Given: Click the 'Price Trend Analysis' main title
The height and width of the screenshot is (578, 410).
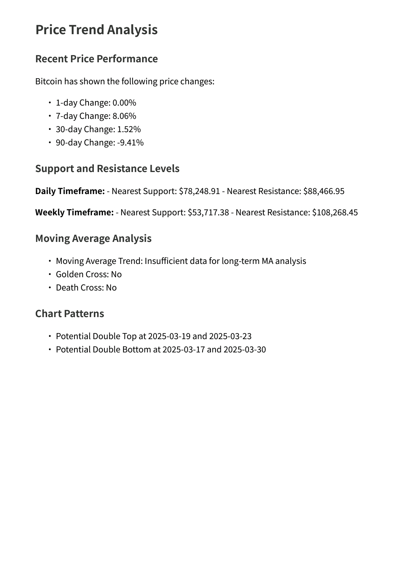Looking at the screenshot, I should (x=97, y=30).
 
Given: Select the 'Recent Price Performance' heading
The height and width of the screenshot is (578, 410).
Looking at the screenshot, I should (x=97, y=59).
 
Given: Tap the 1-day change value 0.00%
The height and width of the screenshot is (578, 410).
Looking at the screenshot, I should (x=124, y=103).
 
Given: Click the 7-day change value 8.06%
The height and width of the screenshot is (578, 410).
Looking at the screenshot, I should (x=124, y=116).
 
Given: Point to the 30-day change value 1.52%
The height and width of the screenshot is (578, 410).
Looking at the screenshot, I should (x=129, y=129).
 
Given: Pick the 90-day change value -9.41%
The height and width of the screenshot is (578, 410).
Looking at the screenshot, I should (x=130, y=143).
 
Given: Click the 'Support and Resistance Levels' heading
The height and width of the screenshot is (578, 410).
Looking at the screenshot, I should (x=107, y=169).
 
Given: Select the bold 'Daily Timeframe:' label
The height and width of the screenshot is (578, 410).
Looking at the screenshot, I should (x=70, y=191).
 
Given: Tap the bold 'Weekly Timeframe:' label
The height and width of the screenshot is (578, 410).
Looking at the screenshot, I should (x=74, y=212).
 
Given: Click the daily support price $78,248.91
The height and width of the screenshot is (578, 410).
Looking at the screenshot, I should (x=199, y=191).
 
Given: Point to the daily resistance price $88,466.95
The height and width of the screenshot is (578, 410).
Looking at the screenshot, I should (x=324, y=191).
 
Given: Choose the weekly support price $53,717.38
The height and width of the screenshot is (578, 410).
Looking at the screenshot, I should (x=208, y=212).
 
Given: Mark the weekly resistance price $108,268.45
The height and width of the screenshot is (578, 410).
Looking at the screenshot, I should (x=335, y=212).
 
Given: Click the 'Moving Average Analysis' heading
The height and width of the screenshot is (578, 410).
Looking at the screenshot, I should (x=93, y=238).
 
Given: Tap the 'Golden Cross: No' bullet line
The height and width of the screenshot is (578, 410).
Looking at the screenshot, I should (x=89, y=275).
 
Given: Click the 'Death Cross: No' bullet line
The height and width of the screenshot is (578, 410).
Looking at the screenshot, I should (x=86, y=288).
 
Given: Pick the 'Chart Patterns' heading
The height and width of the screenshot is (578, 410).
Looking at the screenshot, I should (x=70, y=314).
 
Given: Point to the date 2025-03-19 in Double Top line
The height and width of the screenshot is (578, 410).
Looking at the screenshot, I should (x=169, y=336).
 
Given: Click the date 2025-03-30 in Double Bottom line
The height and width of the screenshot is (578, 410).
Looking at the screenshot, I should (x=245, y=350).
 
